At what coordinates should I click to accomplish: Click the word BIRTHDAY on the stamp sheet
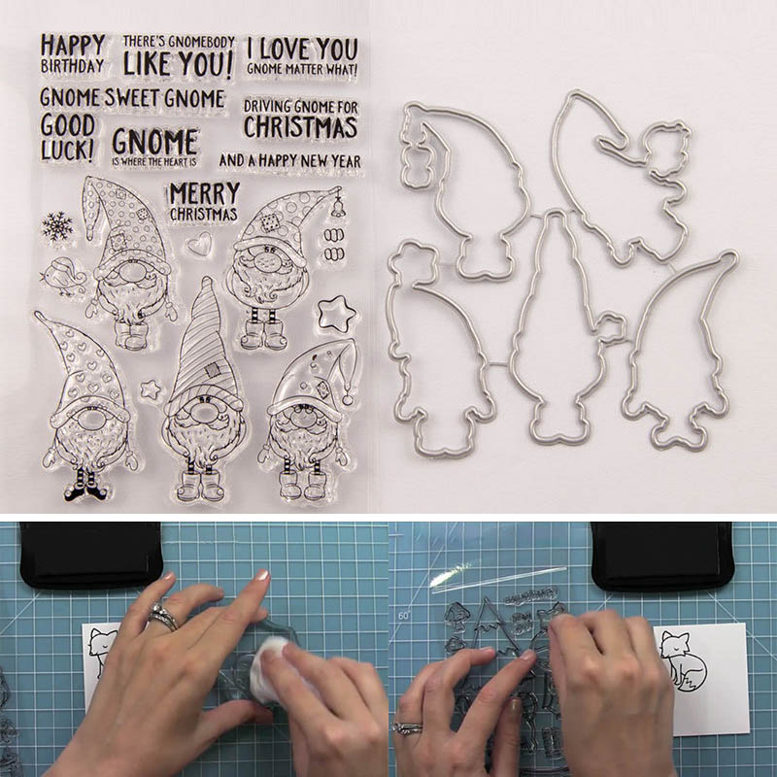coord(72,66)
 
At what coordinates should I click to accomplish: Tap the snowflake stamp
coord(57,226)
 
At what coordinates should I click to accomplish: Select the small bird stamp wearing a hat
coord(64,277)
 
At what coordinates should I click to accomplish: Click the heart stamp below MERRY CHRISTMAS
coord(200,244)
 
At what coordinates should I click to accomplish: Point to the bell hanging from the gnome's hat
coord(338,207)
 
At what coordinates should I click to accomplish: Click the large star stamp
coord(336,313)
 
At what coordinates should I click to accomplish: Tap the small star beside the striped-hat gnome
coord(151,389)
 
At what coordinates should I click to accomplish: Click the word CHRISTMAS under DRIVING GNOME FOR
coord(300,127)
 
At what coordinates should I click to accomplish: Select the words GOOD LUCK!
coord(67,138)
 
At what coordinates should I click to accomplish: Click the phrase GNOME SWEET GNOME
coord(132,98)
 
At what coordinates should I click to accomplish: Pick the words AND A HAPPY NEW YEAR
coord(289,160)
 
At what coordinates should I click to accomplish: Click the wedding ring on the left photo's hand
coord(163,616)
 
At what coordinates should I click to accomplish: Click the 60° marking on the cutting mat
coord(404,616)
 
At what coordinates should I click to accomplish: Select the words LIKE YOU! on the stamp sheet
coord(178,64)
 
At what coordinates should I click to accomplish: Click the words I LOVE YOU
coord(302,50)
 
